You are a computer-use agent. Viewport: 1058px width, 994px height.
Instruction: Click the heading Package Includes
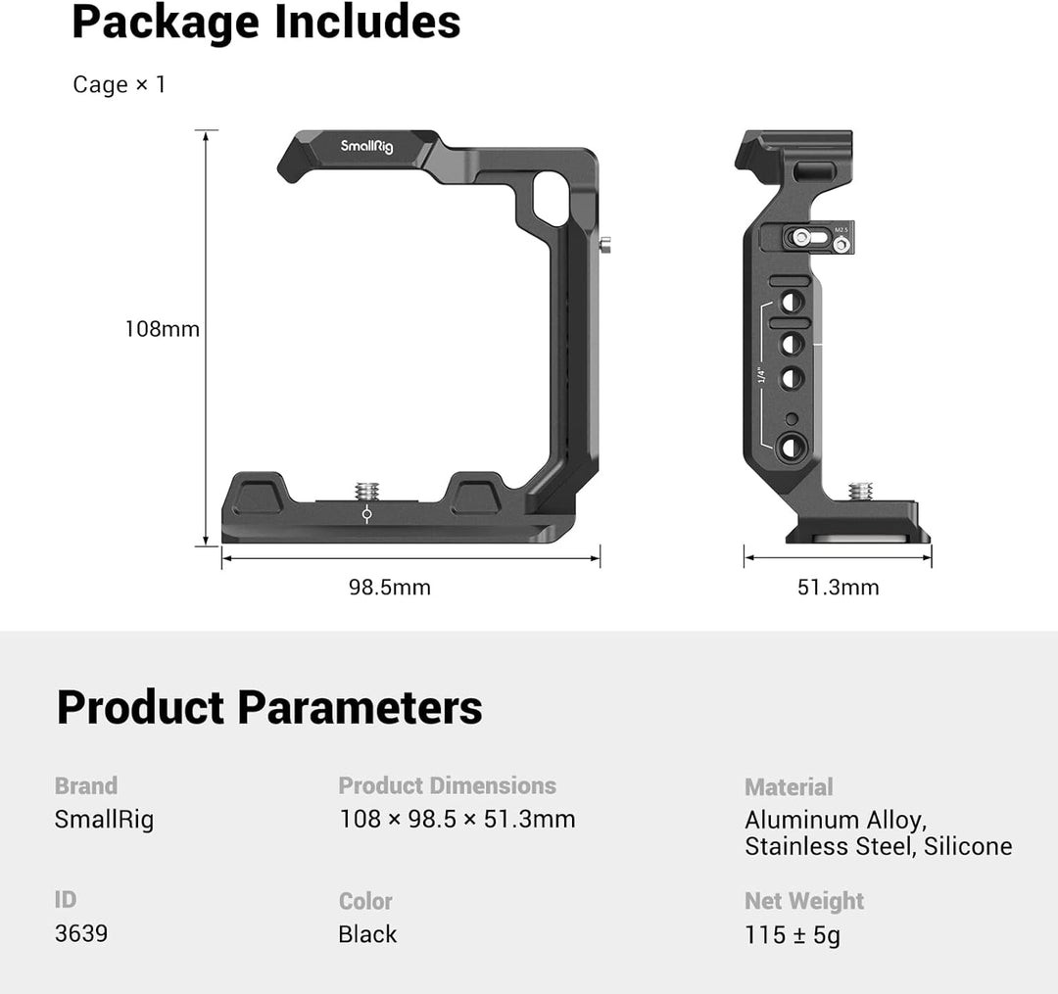tap(265, 23)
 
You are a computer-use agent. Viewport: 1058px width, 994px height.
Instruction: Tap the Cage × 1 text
tap(120, 85)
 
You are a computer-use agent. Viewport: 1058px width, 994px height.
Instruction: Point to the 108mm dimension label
tap(162, 329)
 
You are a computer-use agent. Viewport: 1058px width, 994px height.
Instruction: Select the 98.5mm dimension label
tap(390, 588)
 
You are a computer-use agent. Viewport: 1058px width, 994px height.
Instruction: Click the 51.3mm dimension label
tap(838, 588)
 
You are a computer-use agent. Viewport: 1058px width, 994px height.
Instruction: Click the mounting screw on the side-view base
tap(862, 490)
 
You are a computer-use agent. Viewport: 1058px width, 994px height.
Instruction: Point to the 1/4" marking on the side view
tap(759, 375)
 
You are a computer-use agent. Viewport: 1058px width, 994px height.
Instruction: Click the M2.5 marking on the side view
tap(840, 229)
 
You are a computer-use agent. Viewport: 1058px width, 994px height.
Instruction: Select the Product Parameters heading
tap(269, 707)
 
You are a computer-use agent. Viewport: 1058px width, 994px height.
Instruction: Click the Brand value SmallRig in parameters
tap(104, 820)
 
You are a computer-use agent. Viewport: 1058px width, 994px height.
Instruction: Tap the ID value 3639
tap(81, 933)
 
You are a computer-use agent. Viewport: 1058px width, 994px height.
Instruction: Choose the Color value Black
tap(367, 934)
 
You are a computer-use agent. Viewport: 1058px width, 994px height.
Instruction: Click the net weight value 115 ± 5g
tap(793, 935)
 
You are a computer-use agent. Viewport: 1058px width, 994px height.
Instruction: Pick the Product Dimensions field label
tap(447, 785)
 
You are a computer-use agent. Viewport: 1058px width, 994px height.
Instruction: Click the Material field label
tap(789, 786)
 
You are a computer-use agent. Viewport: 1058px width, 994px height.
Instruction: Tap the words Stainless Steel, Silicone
tap(878, 846)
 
